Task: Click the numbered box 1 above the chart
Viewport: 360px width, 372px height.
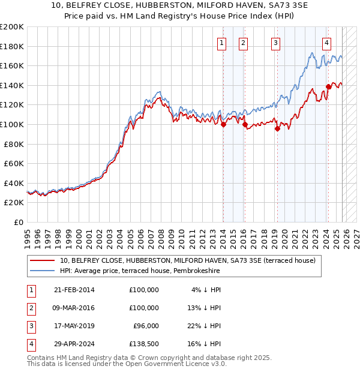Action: pos(222,43)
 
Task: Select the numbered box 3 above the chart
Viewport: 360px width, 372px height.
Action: pos(275,43)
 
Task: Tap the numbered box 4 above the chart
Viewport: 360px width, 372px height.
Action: pos(326,43)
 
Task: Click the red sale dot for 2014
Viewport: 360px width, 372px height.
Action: pos(223,125)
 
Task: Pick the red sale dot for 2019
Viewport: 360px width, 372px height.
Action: pos(277,128)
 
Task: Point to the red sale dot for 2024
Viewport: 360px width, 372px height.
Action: pos(328,86)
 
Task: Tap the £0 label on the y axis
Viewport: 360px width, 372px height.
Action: pos(18,222)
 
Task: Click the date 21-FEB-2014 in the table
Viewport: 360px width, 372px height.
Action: pos(74,290)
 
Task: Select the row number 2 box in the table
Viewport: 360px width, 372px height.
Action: pos(30,308)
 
